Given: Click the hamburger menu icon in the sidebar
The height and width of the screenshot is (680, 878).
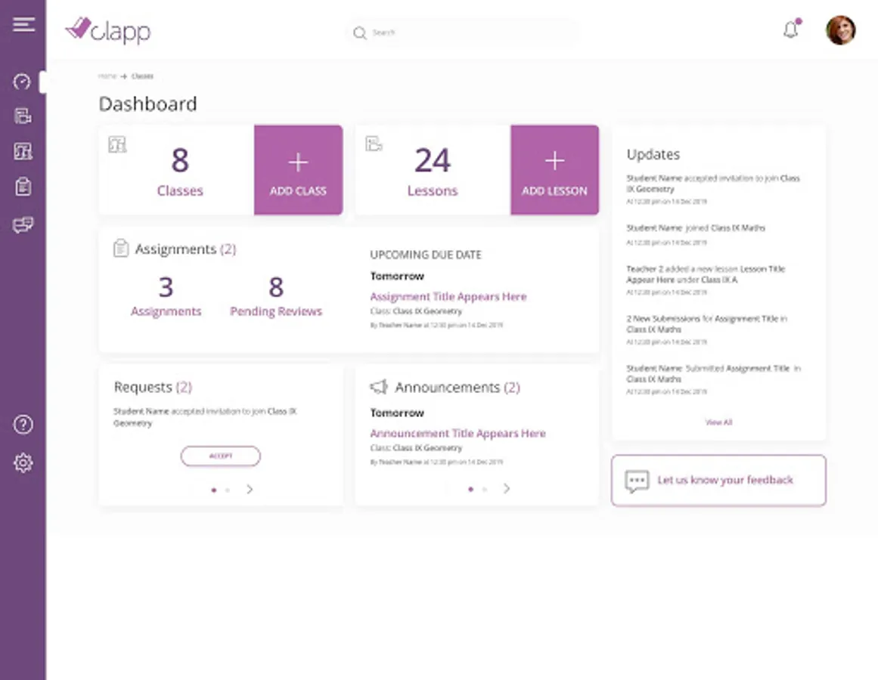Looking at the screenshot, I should click(23, 24).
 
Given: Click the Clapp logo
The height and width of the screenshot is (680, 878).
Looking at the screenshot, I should click(108, 31).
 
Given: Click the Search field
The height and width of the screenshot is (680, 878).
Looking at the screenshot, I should click(463, 32).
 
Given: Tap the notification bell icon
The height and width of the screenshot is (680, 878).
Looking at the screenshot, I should click(791, 30).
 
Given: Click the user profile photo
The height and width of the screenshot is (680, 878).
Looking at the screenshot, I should click(840, 30).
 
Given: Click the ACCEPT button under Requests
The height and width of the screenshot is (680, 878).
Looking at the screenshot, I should click(220, 456).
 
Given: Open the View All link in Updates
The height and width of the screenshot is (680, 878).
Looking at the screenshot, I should click(718, 422).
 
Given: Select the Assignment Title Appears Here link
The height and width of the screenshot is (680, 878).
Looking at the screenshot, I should click(448, 297).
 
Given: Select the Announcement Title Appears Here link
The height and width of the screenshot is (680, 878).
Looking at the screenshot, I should click(458, 434).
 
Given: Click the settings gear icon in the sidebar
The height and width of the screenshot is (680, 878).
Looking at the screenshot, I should click(23, 462).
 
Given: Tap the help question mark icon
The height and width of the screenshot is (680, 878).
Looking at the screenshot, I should click(23, 425).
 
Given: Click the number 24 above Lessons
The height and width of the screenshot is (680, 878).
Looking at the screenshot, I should click(433, 161).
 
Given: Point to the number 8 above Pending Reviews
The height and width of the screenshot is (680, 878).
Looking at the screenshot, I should click(276, 287).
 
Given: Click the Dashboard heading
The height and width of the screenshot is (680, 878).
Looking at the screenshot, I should click(148, 104).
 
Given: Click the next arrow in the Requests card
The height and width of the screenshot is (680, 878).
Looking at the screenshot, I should click(250, 490).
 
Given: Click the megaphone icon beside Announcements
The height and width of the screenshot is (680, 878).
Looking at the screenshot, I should click(379, 388).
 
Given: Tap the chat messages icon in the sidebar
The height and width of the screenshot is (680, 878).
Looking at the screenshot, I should click(23, 225).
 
